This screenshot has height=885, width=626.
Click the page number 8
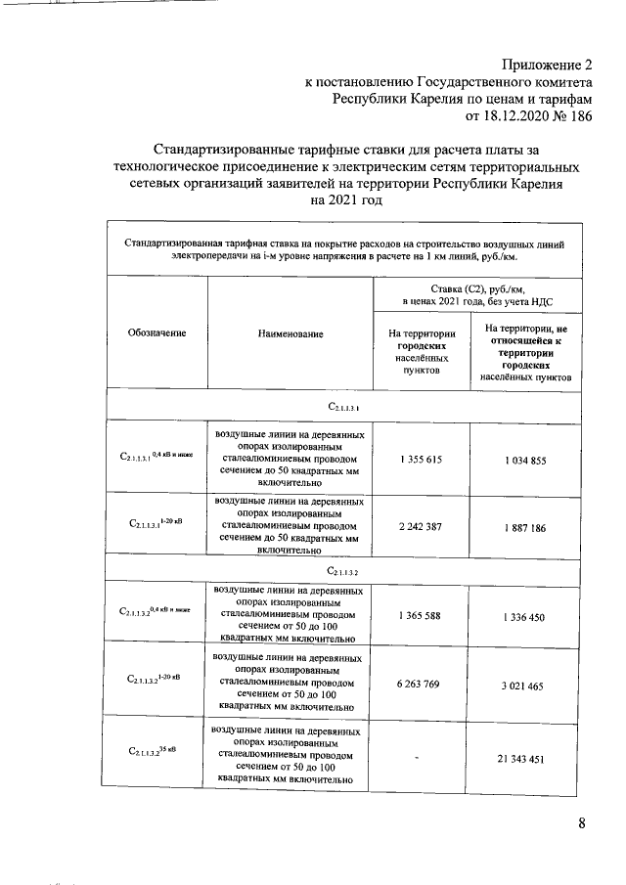[582, 822]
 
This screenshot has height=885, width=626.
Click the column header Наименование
[291, 333]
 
